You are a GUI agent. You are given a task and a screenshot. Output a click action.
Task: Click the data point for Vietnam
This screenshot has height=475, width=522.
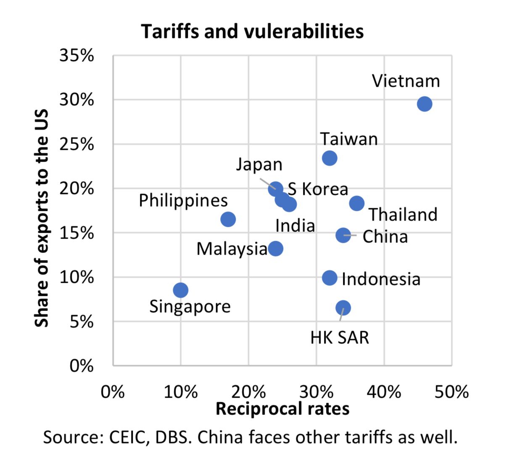(424, 104)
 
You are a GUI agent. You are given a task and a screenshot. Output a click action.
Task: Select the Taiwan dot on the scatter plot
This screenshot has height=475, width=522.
(330, 158)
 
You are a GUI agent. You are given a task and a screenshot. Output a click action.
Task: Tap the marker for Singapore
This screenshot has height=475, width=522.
(180, 290)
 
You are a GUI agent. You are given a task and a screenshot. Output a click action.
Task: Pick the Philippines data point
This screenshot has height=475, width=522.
(228, 219)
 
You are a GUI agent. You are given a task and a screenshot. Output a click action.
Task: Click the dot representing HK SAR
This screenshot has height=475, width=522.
(343, 308)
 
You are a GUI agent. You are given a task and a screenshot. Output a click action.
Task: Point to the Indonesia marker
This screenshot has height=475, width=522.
(330, 278)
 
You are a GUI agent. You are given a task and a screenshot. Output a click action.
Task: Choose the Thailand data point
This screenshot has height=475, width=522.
(357, 203)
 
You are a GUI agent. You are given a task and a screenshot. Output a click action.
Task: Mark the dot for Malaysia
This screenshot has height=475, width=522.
(275, 249)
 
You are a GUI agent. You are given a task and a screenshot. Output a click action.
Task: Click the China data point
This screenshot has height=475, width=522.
(343, 235)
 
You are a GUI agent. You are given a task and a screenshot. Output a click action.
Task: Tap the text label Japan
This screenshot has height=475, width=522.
(259, 165)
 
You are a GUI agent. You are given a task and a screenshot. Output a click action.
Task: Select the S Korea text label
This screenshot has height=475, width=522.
(318, 189)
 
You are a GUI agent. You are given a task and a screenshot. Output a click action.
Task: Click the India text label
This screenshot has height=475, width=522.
(295, 226)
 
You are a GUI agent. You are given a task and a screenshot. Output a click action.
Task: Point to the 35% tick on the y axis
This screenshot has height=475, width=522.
(76, 55)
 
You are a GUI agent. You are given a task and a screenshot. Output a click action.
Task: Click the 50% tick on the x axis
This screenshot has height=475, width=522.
(451, 392)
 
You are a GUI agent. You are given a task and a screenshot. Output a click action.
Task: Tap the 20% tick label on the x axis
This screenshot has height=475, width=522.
(248, 392)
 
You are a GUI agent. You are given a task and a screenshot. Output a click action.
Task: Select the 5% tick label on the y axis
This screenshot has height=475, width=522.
(82, 322)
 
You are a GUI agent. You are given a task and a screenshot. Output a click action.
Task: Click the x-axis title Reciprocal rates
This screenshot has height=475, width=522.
(282, 409)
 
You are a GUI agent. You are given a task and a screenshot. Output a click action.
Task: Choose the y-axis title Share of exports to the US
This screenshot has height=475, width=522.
(42, 218)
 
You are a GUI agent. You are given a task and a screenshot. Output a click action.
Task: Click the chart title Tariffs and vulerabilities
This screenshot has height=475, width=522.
(252, 32)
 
